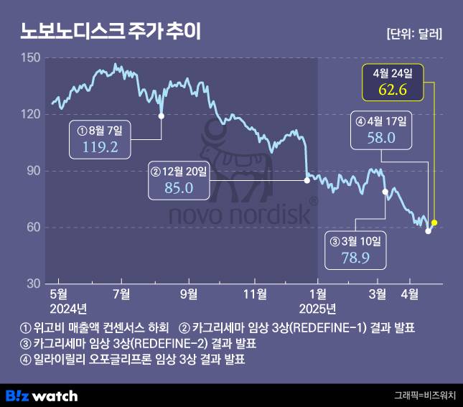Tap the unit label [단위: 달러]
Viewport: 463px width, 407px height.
point(413,33)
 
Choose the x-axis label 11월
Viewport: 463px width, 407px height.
point(254,294)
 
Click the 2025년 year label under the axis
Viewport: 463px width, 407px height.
point(318,309)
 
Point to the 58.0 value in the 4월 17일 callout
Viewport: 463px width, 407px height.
point(380,138)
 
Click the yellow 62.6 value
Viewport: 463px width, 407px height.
point(393,90)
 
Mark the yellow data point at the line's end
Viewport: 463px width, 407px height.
point(434,223)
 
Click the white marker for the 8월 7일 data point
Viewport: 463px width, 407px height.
point(161,116)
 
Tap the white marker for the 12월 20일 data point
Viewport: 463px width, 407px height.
point(307,180)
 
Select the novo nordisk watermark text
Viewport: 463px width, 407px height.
point(239,215)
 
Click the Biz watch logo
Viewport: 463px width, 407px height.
point(42,396)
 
